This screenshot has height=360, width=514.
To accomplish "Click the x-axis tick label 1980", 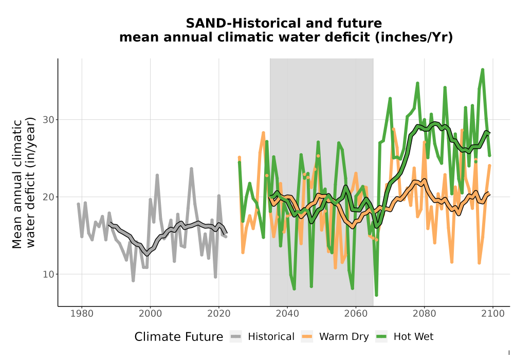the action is (82, 313).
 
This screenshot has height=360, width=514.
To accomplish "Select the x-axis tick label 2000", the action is (150, 313).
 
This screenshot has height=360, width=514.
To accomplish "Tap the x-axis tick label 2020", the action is (218, 313).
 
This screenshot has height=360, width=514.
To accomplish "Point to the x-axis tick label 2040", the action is (287, 313).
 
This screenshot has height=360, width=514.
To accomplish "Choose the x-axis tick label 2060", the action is (356, 313).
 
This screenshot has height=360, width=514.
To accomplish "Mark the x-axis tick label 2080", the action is (424, 313).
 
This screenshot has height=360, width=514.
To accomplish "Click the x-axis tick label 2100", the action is (493, 313).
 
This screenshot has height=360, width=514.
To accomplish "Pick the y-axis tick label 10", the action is (48, 274).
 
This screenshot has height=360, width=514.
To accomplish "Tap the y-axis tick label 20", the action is (48, 197).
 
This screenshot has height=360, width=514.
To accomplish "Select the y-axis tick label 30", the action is (48, 120).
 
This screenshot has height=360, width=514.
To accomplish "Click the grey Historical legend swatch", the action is (236, 336).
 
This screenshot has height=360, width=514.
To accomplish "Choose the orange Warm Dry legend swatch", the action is (307, 336).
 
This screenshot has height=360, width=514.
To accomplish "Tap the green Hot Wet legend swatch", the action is (381, 336).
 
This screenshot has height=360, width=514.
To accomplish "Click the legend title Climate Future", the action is (179, 337).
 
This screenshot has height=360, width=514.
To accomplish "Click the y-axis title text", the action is (24, 183).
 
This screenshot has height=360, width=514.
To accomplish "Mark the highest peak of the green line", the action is (483, 69).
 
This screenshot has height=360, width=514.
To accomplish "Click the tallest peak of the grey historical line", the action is (191, 169).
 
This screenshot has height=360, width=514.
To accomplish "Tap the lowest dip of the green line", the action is (376, 295).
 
